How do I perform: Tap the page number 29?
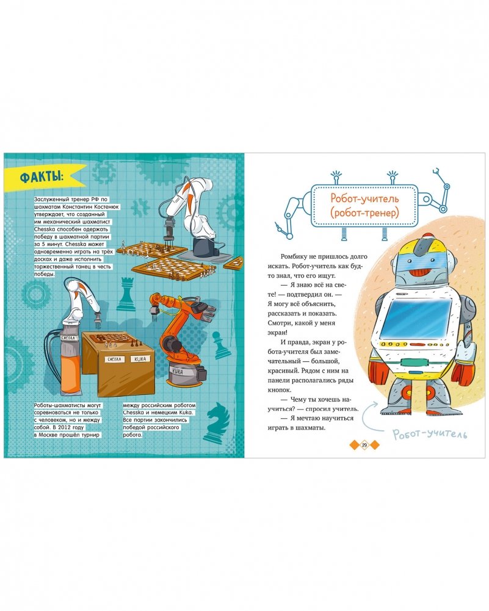pyautogui.click(x=364, y=444)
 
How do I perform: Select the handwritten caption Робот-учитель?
pyautogui.click(x=429, y=434)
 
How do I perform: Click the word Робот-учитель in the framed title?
pyautogui.click(x=364, y=198)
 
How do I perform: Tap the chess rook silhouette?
pyautogui.click(x=126, y=294)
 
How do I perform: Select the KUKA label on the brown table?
pyautogui.click(x=140, y=359)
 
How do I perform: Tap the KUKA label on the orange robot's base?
pyautogui.click(x=183, y=372)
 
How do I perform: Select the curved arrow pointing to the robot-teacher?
pyautogui.click(x=366, y=416)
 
